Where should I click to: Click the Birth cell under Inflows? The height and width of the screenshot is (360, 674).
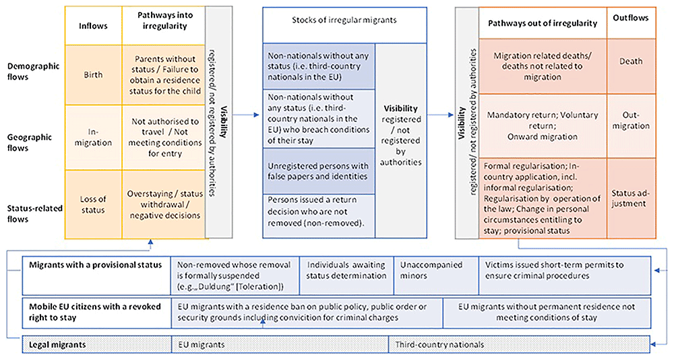point(93,75)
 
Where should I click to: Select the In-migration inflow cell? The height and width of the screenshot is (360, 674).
point(93,138)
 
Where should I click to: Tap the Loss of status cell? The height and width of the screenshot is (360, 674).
point(93,204)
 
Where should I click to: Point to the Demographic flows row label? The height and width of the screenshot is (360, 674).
point(33,71)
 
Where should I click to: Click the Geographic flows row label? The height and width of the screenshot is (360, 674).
point(29,142)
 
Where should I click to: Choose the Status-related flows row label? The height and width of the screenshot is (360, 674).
point(34,213)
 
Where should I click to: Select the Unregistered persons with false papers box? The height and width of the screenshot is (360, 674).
point(319,171)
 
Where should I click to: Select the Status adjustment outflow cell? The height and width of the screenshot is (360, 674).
point(631,198)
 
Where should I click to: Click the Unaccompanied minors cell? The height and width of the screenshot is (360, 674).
point(436,276)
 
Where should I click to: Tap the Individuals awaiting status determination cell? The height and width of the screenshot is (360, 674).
point(346,276)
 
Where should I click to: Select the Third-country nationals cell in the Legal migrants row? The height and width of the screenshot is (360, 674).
point(519,344)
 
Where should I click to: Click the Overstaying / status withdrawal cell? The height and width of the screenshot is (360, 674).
point(165,204)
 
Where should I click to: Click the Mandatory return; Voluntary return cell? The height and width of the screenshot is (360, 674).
point(543,125)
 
